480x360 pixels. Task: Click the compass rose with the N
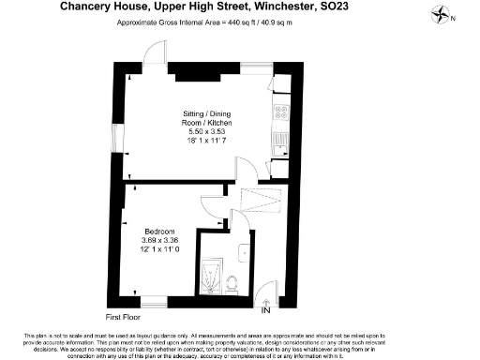[441, 15]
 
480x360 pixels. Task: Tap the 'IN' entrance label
[265, 310]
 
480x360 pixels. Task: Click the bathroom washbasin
[242, 250]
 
